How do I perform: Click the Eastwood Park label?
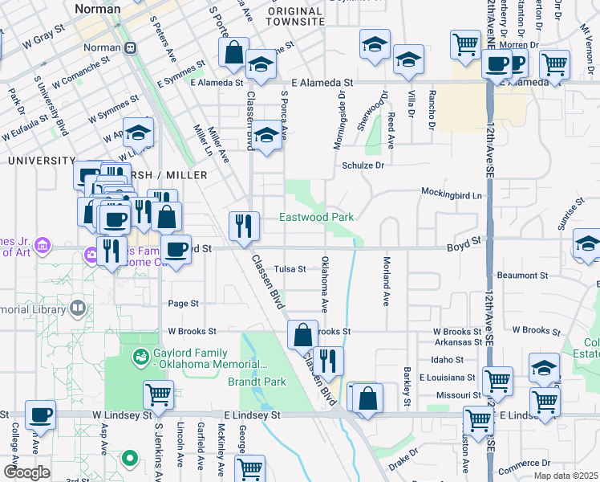click(x=316, y=217)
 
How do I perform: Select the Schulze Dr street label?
click(x=365, y=165)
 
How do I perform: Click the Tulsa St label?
click(x=290, y=269)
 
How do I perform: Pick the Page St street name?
click(x=183, y=304)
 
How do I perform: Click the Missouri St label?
click(x=454, y=395)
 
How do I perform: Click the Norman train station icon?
click(x=130, y=47)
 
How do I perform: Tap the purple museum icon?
click(x=91, y=256)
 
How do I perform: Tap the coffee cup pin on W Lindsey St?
click(x=40, y=415)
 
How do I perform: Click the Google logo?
click(x=26, y=472)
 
